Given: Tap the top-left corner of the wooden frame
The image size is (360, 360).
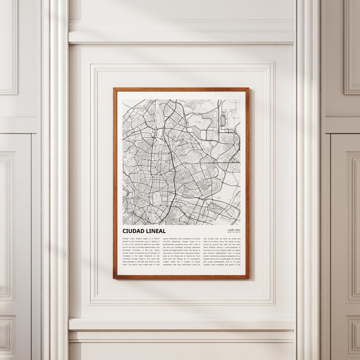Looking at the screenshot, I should coord(114,89).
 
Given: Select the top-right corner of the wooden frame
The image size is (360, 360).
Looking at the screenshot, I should coord(248,89).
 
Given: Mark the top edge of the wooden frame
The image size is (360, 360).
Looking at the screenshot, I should coord(181,89).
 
